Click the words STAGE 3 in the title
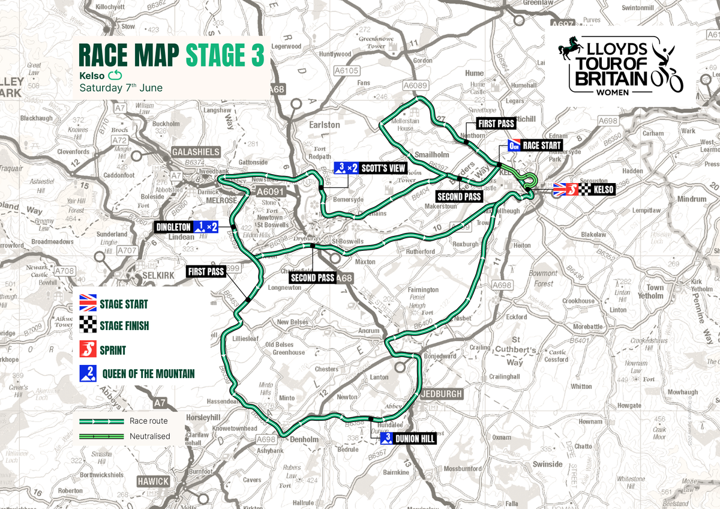[224, 55]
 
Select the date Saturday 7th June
[121, 88]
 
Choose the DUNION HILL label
[415, 439]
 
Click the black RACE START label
[542, 145]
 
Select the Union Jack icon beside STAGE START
[89, 303]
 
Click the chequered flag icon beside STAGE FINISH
[89, 326]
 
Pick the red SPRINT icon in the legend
[89, 349]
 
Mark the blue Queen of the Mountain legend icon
[89, 373]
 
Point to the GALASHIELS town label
[196, 152]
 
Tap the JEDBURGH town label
[443, 394]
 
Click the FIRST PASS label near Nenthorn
[496, 124]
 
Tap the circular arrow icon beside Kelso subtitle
[115, 76]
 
